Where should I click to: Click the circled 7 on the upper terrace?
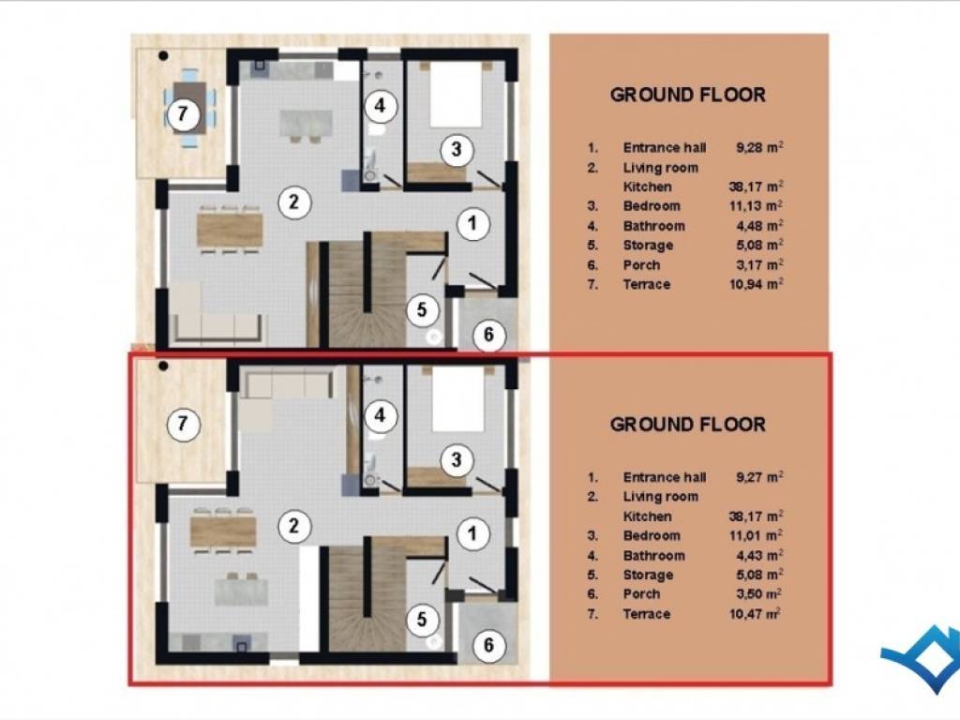click(x=182, y=113)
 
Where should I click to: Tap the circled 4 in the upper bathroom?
click(x=381, y=106)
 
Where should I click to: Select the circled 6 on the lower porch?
click(x=488, y=645)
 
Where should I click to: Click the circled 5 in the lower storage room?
click(x=422, y=619)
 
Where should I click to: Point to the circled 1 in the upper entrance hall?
click(x=472, y=223)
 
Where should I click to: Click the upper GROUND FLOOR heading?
click(x=687, y=95)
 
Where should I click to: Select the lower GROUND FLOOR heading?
click(x=687, y=425)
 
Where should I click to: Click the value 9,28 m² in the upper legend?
click(x=759, y=147)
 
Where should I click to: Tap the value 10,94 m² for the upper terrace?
click(x=757, y=284)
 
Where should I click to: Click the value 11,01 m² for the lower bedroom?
click(x=757, y=535)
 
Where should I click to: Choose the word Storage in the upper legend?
click(x=648, y=246)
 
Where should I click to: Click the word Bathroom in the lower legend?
click(x=653, y=556)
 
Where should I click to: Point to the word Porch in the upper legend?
click(x=641, y=265)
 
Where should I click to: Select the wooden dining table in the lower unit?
click(x=223, y=532)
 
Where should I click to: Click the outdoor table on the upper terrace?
click(x=189, y=108)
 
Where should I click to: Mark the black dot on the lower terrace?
click(x=163, y=367)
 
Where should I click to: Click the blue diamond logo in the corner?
click(x=922, y=658)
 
